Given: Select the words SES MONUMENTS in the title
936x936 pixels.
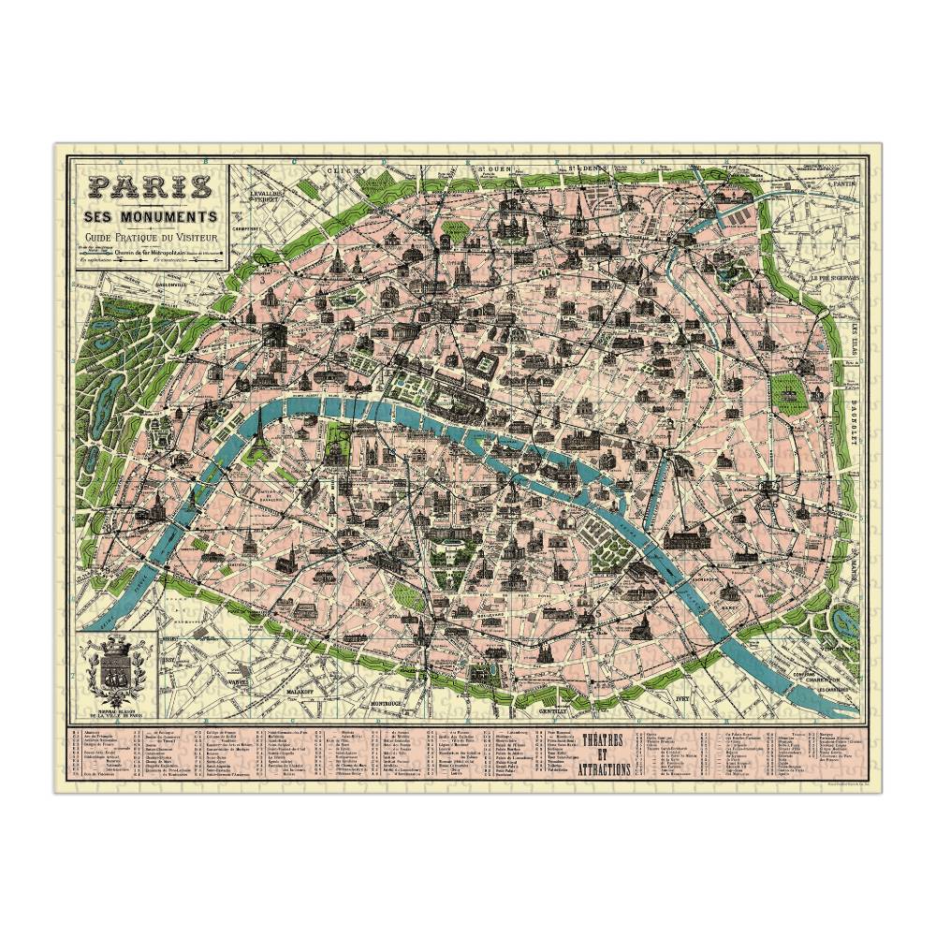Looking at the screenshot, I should (x=149, y=216).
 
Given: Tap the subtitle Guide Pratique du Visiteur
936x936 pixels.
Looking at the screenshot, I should (x=150, y=238).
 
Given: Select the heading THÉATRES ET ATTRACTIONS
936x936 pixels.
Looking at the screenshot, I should (x=605, y=753).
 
